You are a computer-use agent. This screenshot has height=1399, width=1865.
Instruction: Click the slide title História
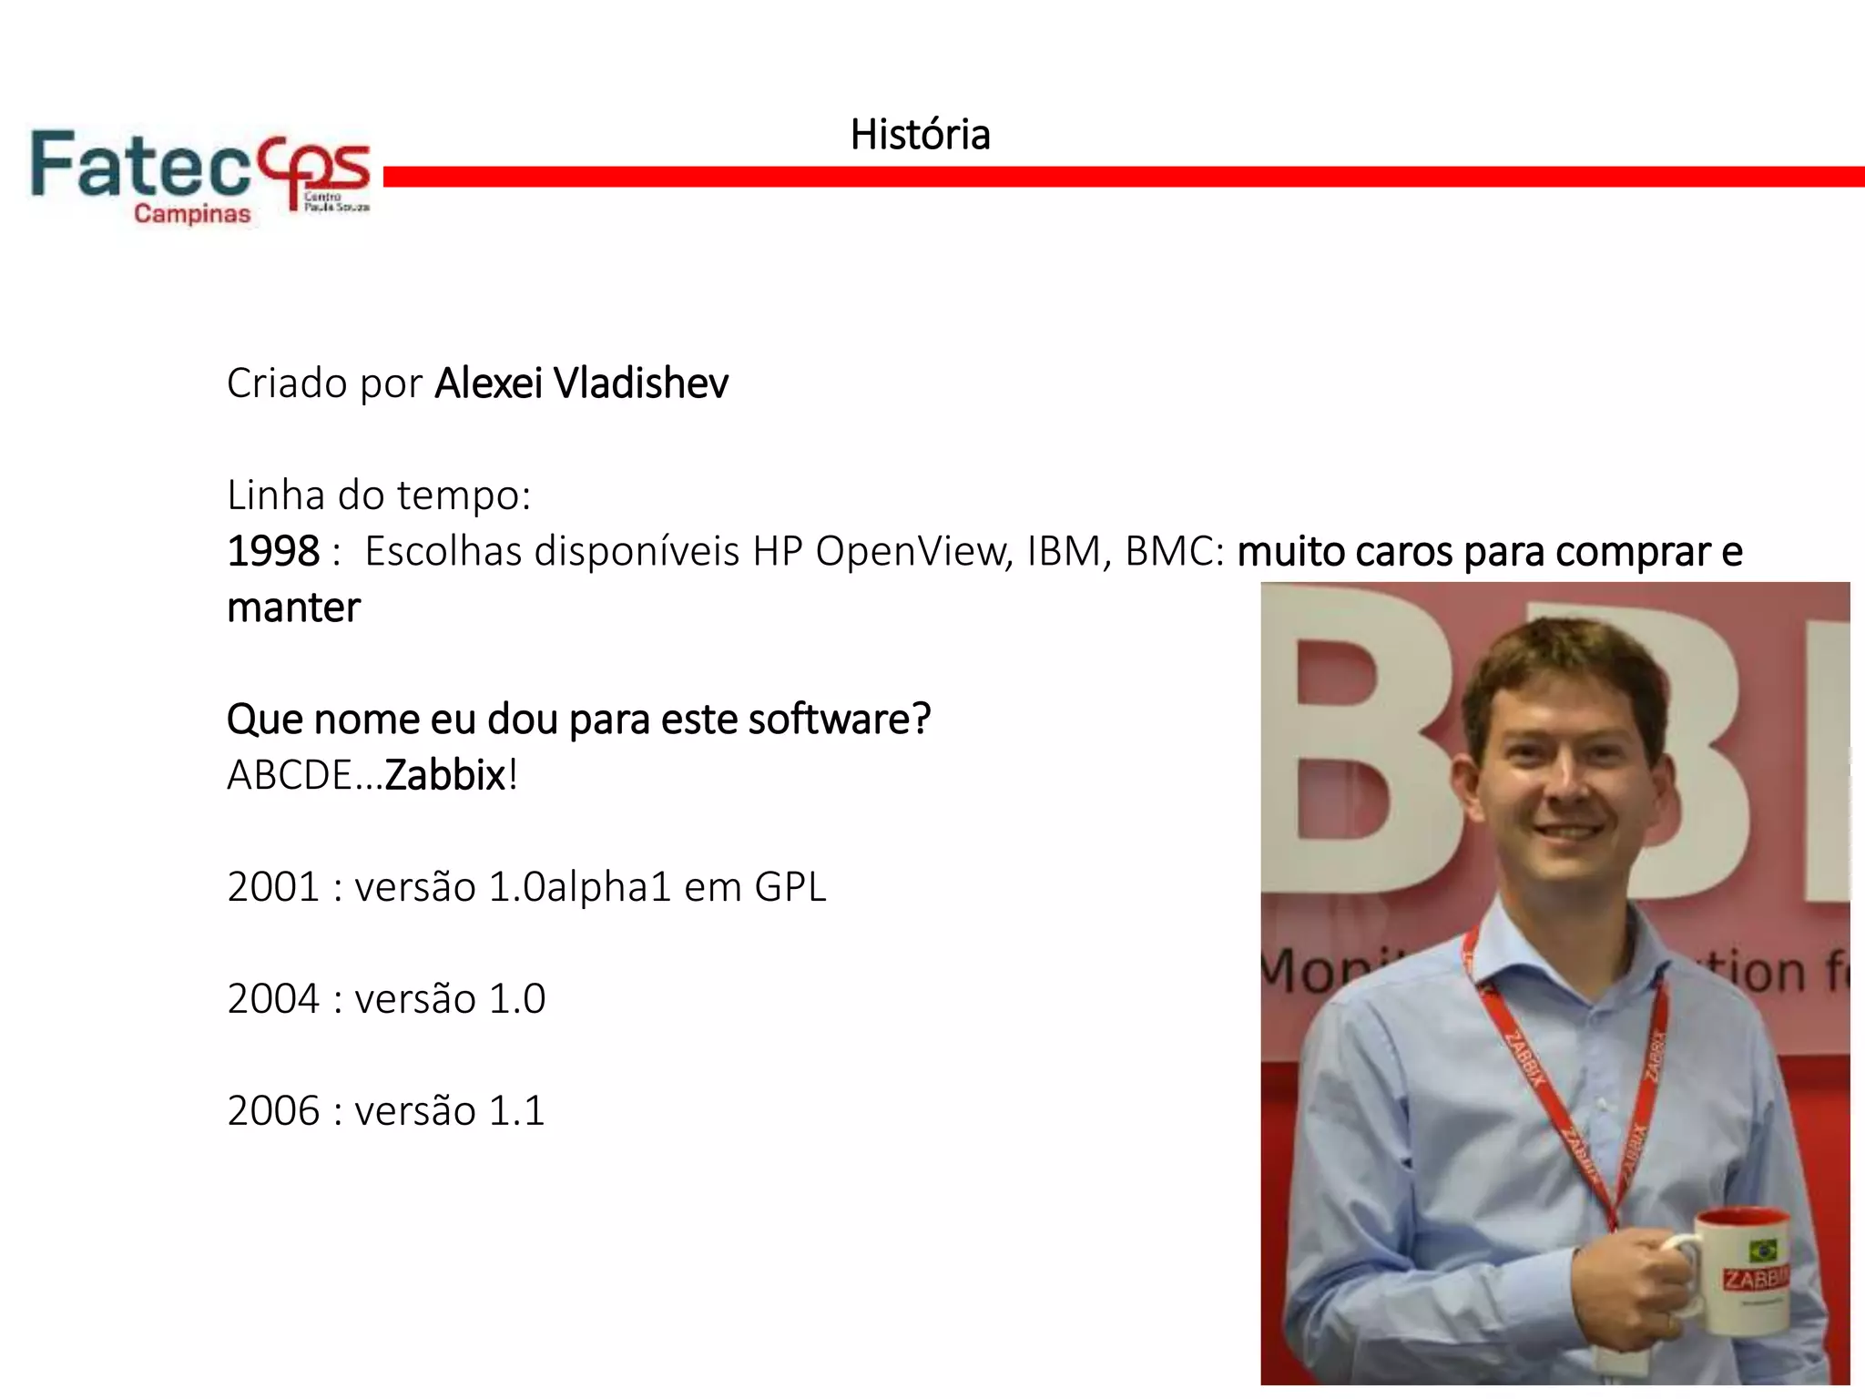pyautogui.click(x=920, y=135)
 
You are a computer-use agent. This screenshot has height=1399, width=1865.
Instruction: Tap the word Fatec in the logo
pyautogui.click(x=139, y=165)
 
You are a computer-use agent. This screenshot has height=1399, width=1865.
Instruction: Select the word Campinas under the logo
pyautogui.click(x=192, y=214)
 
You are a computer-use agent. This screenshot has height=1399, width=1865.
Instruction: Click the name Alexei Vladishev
pyautogui.click(x=581, y=383)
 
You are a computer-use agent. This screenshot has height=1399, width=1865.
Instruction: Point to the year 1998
pyautogui.click(x=273, y=551)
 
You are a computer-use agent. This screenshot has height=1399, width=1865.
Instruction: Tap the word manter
pyautogui.click(x=293, y=608)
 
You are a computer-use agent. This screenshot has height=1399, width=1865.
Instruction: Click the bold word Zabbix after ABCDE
pyautogui.click(x=444, y=775)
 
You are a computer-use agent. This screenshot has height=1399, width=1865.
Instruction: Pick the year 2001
pyautogui.click(x=273, y=887)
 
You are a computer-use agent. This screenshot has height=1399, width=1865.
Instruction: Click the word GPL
pyautogui.click(x=790, y=887)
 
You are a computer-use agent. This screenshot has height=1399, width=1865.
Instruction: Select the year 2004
pyautogui.click(x=273, y=999)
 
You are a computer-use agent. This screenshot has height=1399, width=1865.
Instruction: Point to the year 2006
pyautogui.click(x=273, y=1111)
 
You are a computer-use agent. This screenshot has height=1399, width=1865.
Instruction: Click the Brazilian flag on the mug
pyautogui.click(x=1763, y=1249)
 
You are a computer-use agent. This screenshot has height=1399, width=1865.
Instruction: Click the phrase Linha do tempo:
pyautogui.click(x=379, y=495)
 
